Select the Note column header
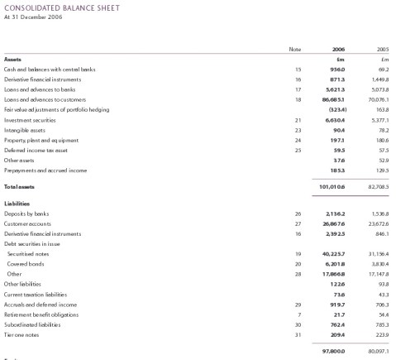(x=295, y=49)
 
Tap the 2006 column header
(x=338, y=49)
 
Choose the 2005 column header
(x=383, y=49)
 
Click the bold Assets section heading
(x=13, y=59)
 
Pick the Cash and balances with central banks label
(x=50, y=69)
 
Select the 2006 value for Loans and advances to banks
(x=334, y=89)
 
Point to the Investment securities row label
(x=31, y=119)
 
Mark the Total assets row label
(x=19, y=186)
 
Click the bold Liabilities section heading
(x=17, y=203)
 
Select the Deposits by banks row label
(x=28, y=214)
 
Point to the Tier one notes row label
(x=22, y=334)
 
